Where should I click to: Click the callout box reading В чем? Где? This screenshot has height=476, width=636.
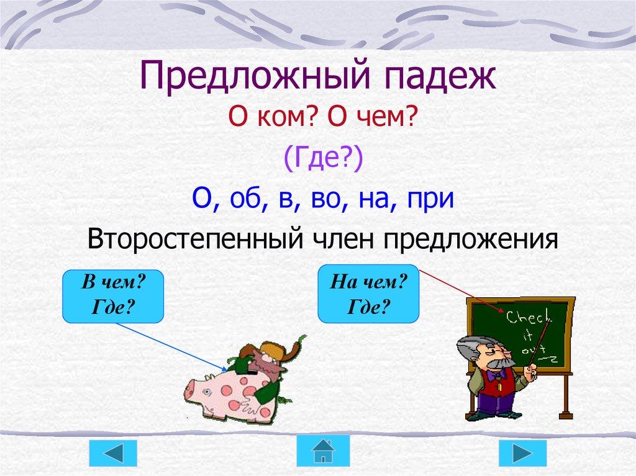114,295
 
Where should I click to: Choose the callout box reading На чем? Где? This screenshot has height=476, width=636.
368,294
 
